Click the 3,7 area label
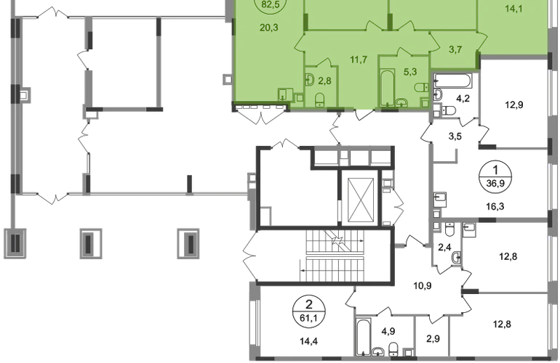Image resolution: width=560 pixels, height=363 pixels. pyautogui.click(x=455, y=50)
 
